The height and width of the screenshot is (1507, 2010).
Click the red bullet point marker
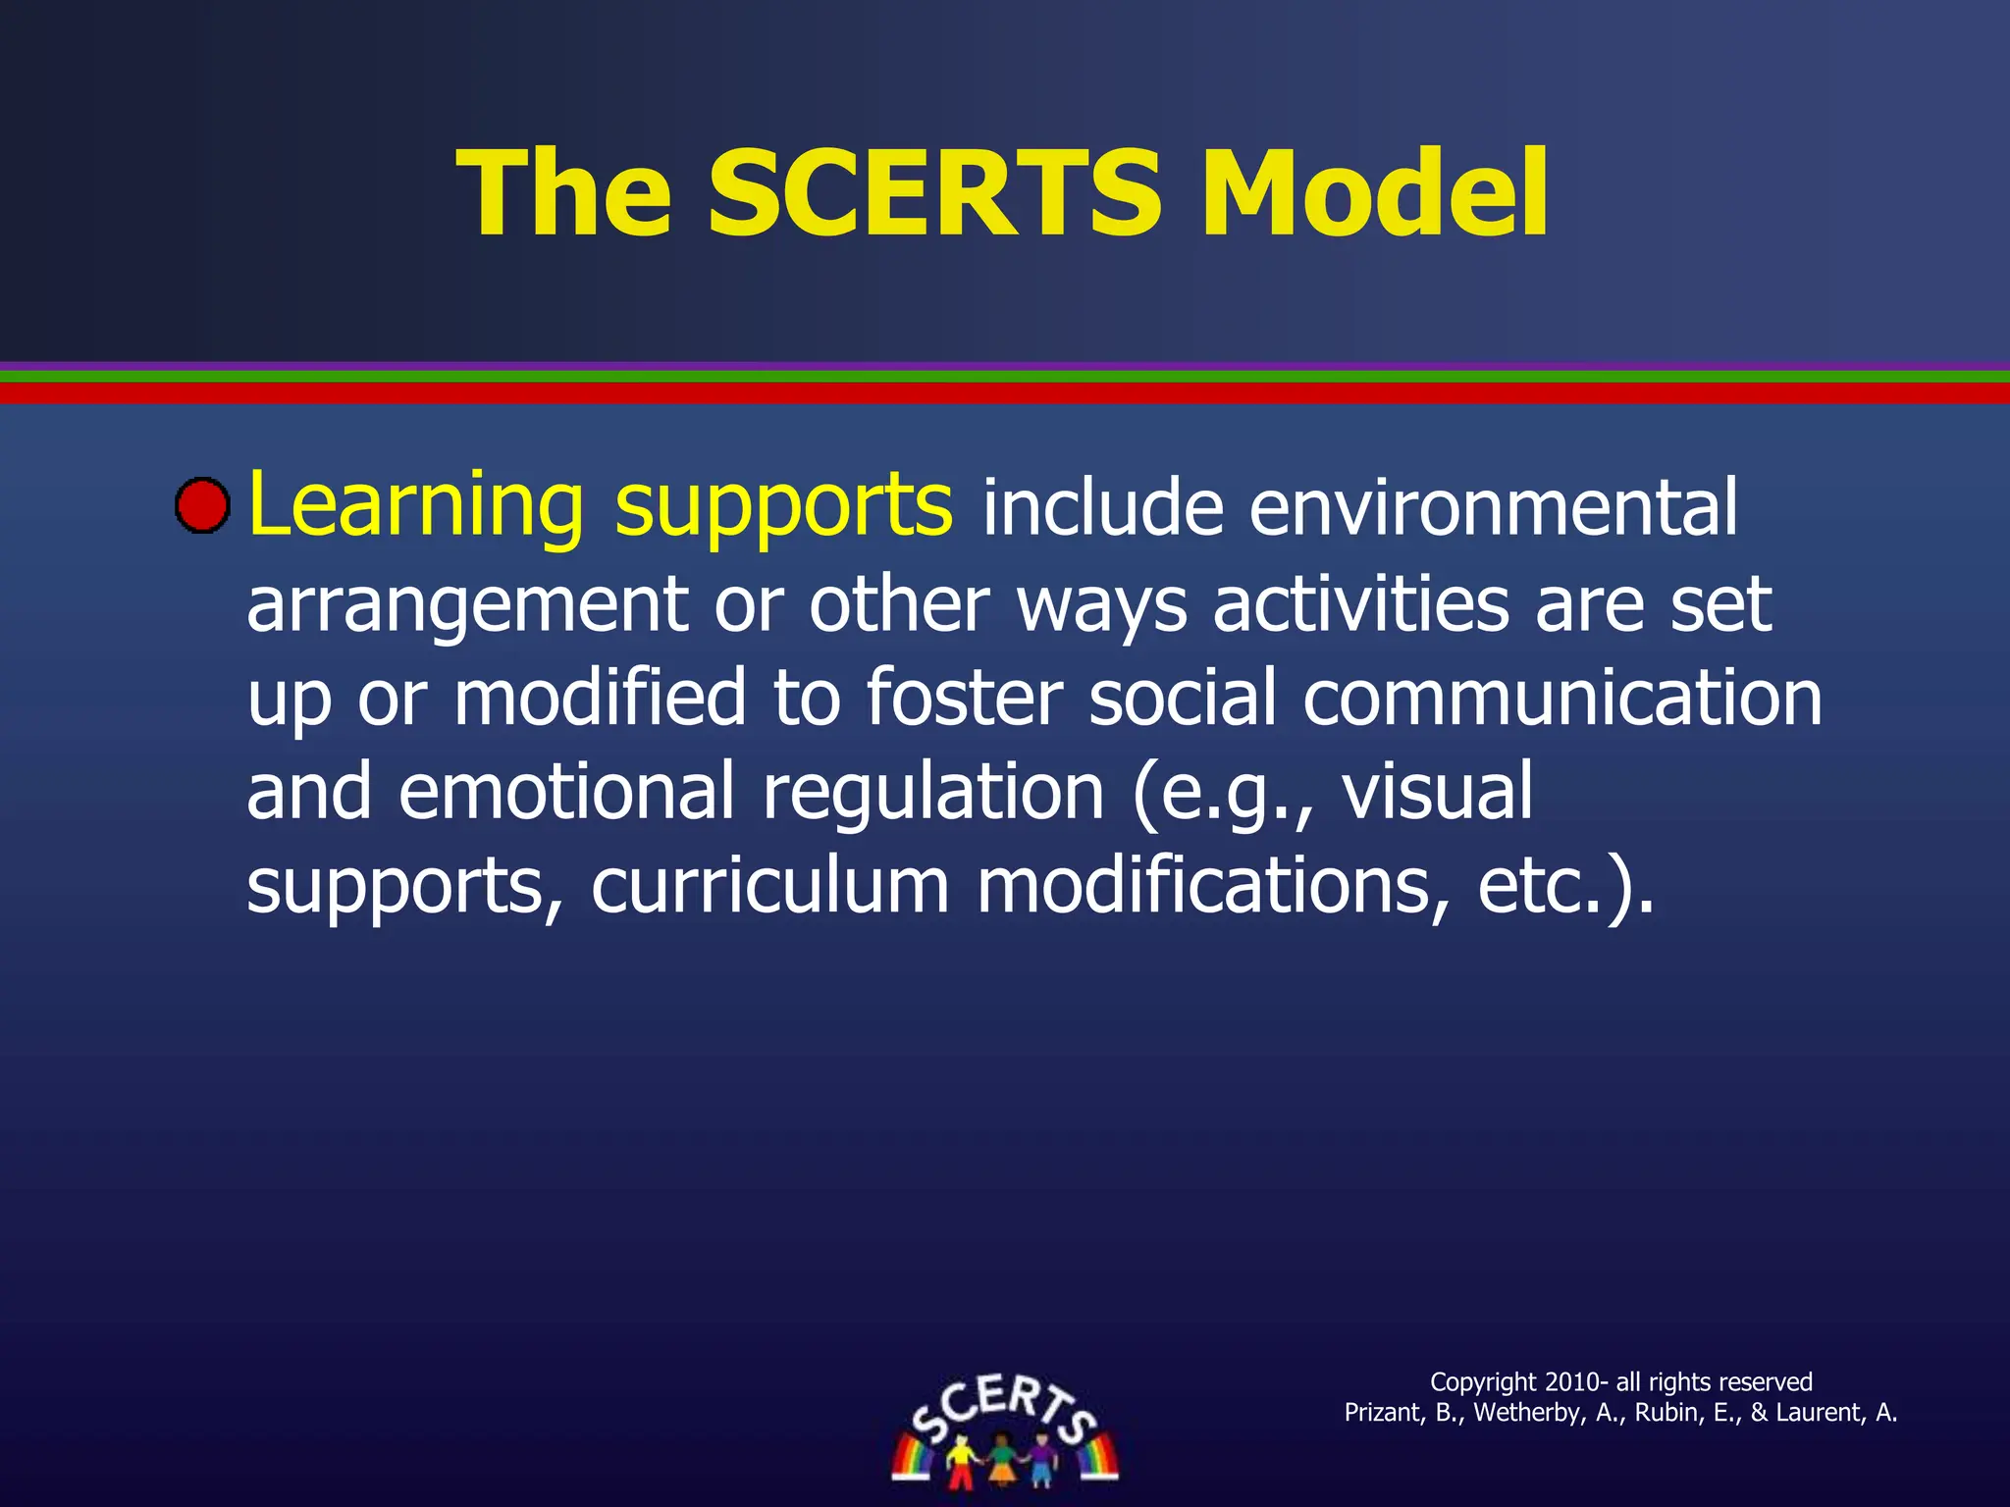pyautogui.click(x=202, y=506)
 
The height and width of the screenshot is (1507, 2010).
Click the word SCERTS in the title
pyautogui.click(x=933, y=193)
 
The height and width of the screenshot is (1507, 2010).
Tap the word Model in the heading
pyautogui.click(x=1375, y=193)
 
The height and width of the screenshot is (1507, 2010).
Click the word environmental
pyautogui.click(x=1493, y=508)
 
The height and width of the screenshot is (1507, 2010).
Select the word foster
pyautogui.click(x=965, y=697)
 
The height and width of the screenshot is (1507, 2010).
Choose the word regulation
pyautogui.click(x=933, y=793)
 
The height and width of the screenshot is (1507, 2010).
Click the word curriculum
pyautogui.click(x=770, y=885)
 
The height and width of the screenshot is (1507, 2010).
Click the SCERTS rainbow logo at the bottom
pyautogui.click(x=1004, y=1431)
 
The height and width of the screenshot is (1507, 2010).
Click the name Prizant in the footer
pyautogui.click(x=1381, y=1413)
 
